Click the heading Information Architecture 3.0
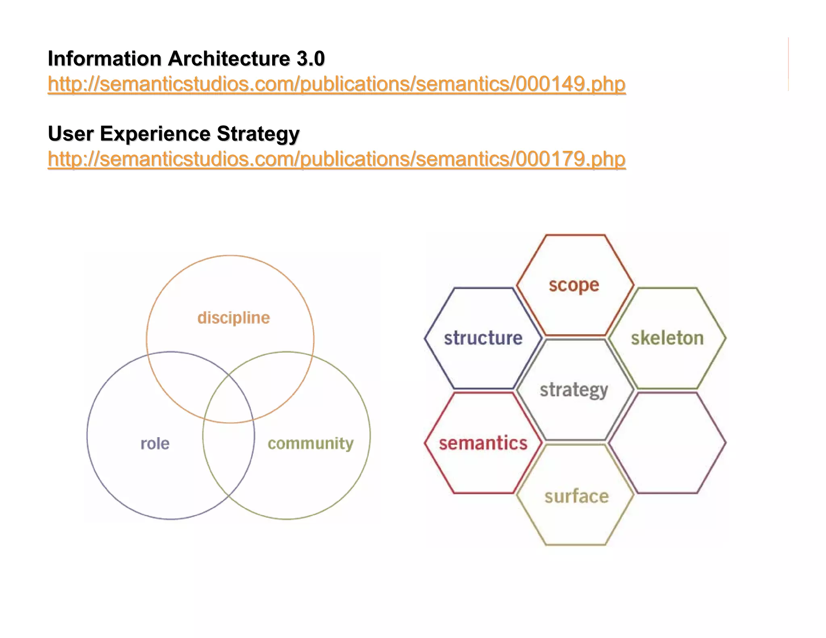pos(186,59)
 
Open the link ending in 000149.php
pos(336,84)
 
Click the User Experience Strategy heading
pos(173,134)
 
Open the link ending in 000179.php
pos(336,159)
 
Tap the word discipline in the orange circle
pos(234,318)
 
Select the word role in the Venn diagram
pos(155,444)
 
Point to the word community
pos(311,444)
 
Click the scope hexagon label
pos(574,285)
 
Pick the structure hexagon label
pos(483,338)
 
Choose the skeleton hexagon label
pos(667,338)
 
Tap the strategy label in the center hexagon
pos(574,390)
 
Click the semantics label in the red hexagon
pos(483,443)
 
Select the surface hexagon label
pos(576,496)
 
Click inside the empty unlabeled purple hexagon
pos(667,443)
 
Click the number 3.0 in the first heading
pos(311,59)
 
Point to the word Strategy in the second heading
pos(258,134)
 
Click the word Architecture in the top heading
pos(229,59)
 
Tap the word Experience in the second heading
pos(155,134)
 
